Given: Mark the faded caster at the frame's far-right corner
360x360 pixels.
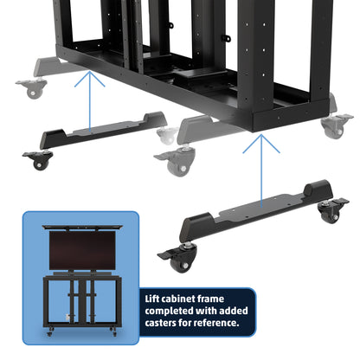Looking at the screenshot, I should pos(331,126).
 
